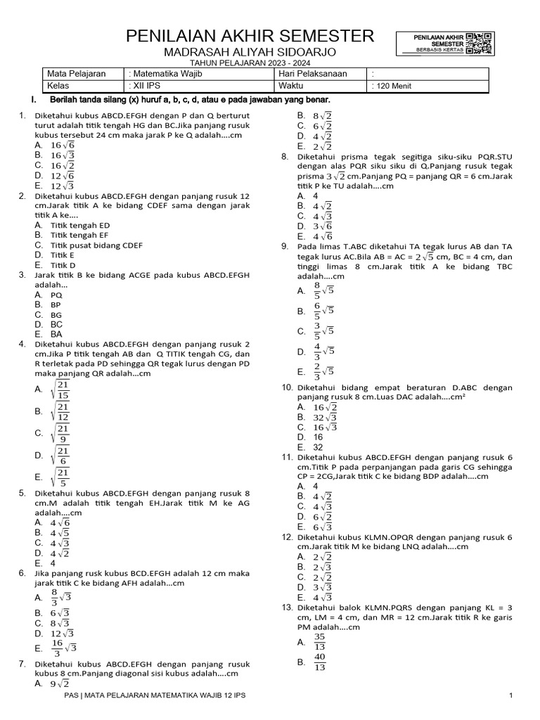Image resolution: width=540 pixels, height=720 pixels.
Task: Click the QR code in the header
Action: [480, 43]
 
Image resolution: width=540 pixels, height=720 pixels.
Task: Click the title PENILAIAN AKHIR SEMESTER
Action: [250, 37]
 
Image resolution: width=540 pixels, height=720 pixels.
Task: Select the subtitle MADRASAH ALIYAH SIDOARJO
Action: [250, 52]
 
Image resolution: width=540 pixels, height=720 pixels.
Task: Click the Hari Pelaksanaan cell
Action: [309, 74]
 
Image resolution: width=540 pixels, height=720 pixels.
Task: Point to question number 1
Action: [22, 115]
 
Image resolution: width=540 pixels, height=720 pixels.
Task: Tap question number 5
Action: [22, 494]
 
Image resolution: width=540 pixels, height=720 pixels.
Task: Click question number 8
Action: [285, 156]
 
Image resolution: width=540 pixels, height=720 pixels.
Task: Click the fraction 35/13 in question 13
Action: [320, 641]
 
